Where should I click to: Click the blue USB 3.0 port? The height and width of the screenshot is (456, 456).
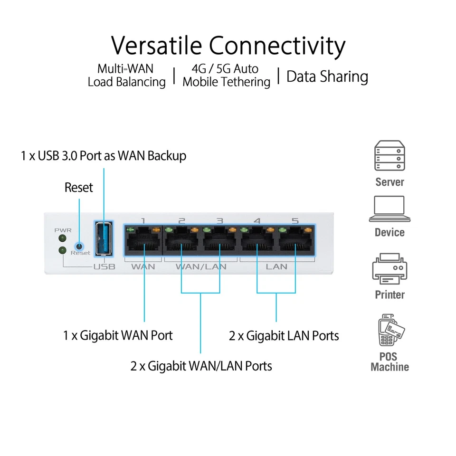point(104,239)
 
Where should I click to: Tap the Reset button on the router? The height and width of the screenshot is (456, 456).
point(79,247)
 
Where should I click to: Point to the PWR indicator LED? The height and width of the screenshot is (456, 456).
point(61,237)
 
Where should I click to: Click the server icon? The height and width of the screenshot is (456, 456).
point(389,156)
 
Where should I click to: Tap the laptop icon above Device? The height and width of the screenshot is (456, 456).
point(389,209)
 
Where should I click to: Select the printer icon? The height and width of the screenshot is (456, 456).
point(389,269)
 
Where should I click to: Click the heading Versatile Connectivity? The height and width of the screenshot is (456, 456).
point(228,46)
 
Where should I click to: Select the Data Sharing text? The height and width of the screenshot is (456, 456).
point(327,76)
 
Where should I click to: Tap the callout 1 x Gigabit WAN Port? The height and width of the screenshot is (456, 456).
point(118,335)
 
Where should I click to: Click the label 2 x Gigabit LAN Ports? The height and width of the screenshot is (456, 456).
point(284,336)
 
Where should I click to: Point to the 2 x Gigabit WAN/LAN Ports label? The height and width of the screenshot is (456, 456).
point(201,366)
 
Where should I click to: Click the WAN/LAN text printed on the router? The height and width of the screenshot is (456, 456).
point(200,266)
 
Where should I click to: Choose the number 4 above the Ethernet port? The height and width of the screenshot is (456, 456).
point(257,221)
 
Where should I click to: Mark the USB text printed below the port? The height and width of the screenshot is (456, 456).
point(104,266)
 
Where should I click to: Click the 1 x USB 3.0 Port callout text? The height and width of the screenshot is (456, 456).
point(104,155)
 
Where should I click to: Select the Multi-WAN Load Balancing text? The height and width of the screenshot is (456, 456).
point(126,76)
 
